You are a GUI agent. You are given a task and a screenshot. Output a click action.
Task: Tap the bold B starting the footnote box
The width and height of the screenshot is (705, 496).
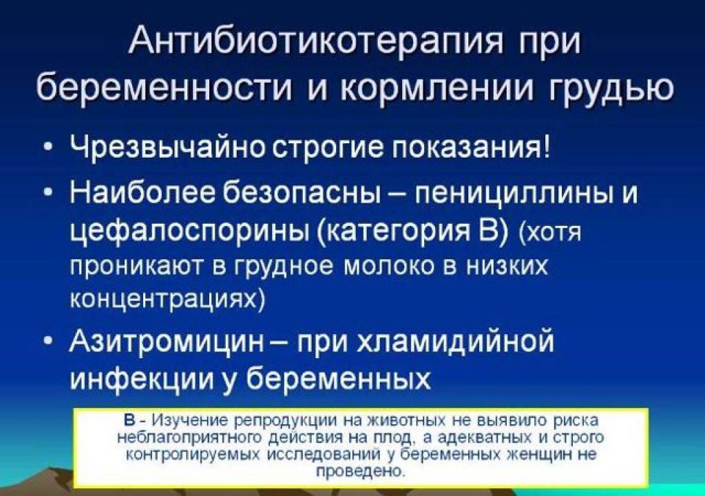click(x=129, y=420)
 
